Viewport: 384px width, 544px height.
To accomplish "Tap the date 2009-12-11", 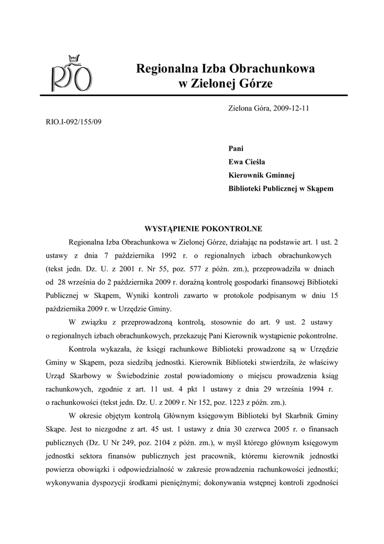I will [292, 108].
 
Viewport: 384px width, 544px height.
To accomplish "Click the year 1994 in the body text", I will [311, 389].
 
